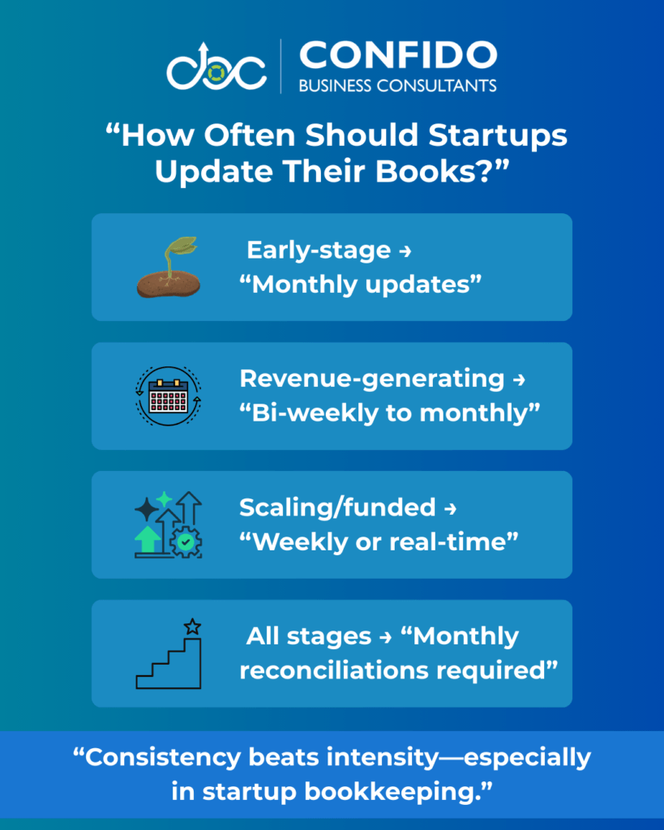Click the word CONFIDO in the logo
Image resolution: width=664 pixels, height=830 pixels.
(398, 55)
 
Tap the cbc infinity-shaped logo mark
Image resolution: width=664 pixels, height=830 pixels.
(216, 67)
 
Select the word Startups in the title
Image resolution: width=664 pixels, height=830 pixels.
(498, 136)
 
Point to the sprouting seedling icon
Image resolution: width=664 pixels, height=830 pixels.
(169, 267)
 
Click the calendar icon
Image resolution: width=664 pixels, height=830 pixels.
(169, 396)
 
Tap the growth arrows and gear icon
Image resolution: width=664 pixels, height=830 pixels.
(169, 524)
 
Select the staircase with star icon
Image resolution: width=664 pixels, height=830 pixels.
(169, 654)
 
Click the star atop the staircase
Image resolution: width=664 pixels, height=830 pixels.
(192, 627)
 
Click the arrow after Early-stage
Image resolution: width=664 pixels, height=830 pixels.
(405, 251)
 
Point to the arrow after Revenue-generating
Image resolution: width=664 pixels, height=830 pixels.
(519, 379)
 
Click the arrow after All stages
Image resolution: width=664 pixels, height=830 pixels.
(385, 637)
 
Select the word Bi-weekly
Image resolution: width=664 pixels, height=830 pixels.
(315, 413)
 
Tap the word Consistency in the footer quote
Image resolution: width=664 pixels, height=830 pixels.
(163, 757)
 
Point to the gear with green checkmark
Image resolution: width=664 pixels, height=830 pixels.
(186, 542)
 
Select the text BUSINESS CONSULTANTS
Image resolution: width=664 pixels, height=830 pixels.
(397, 86)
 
